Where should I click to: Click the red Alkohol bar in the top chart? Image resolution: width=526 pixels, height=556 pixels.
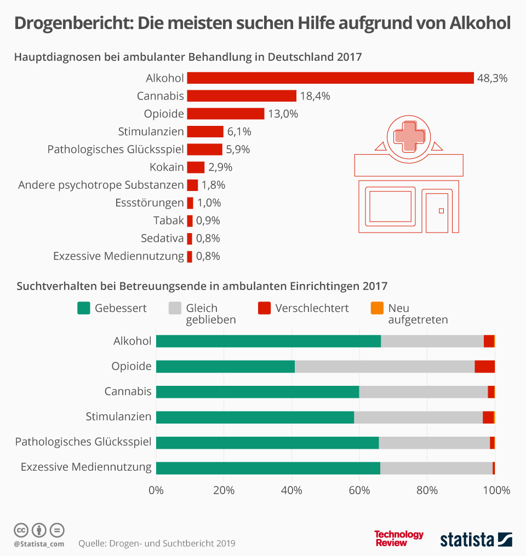330,78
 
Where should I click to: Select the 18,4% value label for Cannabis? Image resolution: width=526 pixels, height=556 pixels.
315,96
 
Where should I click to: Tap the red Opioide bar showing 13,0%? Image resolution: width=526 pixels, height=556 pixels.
226,114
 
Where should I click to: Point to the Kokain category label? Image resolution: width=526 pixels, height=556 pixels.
167,167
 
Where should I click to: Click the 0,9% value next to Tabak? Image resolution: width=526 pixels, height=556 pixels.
208,221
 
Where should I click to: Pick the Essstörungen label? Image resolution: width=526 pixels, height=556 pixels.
150,203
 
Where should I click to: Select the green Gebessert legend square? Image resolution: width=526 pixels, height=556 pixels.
83,308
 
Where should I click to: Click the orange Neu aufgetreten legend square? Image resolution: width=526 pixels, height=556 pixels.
377,308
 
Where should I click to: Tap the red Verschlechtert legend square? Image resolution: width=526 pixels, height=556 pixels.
264,308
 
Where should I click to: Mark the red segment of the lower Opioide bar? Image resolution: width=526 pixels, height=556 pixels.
485,367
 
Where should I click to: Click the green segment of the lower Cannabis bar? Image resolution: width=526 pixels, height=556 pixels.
258,392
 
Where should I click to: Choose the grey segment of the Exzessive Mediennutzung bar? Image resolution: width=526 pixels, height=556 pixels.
436,468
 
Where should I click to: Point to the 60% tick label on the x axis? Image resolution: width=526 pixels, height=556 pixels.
359,490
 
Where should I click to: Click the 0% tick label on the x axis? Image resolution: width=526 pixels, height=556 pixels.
156,490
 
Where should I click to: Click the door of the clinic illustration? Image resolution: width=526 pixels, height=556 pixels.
437,212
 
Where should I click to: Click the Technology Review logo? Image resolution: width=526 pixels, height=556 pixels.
398,538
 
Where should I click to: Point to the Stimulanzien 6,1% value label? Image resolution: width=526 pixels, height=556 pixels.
238,132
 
